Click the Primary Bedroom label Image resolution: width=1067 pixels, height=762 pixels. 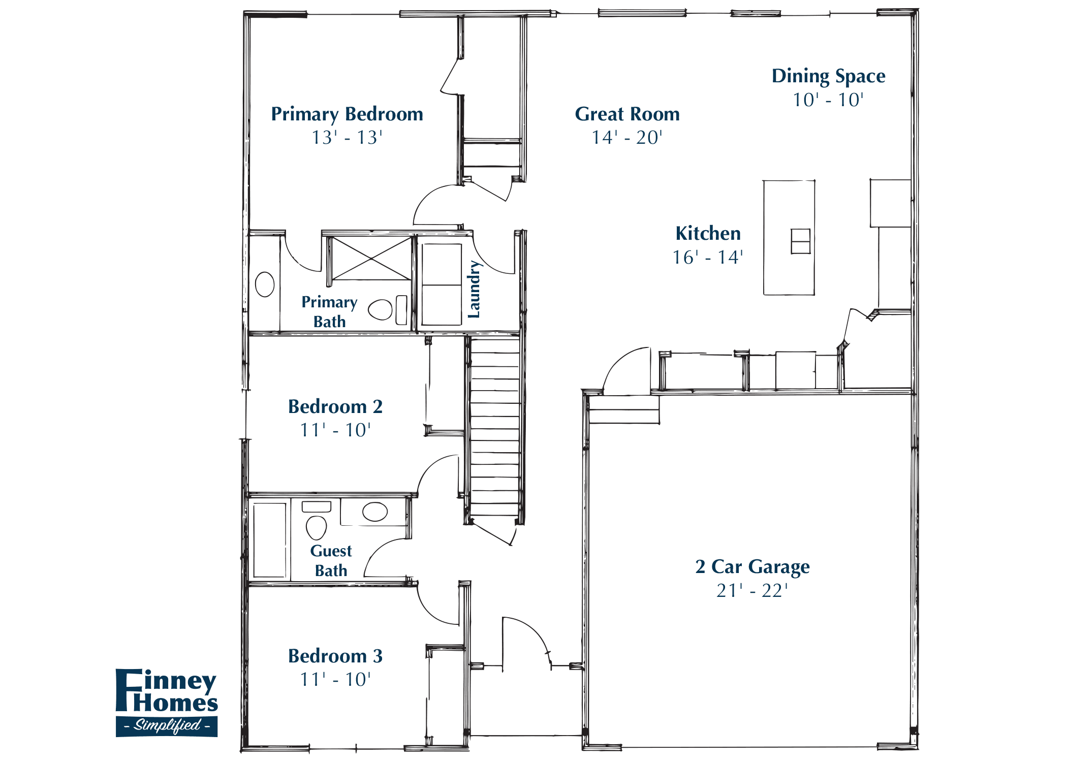coord(347,114)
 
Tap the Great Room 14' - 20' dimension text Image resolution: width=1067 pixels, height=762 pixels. coord(627,138)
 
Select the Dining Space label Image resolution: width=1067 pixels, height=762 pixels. coord(828,76)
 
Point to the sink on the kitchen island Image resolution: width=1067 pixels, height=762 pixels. coord(800,241)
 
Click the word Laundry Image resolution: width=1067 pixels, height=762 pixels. coord(474,290)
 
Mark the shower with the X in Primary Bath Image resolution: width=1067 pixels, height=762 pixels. coord(371,258)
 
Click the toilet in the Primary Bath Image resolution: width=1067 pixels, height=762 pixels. coord(381,309)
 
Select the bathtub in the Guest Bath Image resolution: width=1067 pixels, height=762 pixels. coord(269,540)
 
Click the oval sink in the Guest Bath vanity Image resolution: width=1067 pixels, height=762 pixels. coord(375,512)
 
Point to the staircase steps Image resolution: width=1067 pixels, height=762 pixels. coord(494,427)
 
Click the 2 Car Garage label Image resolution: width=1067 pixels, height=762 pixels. coord(752,566)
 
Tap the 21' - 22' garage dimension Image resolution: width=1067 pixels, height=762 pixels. coord(752,591)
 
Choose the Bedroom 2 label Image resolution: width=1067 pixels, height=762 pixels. coord(335,407)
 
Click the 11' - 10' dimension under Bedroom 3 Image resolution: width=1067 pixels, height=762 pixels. coord(335,680)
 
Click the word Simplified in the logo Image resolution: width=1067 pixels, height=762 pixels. coord(167,725)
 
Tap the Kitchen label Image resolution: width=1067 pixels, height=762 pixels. coord(708,234)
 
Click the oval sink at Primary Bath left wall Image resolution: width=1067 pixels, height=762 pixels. coord(265,284)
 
